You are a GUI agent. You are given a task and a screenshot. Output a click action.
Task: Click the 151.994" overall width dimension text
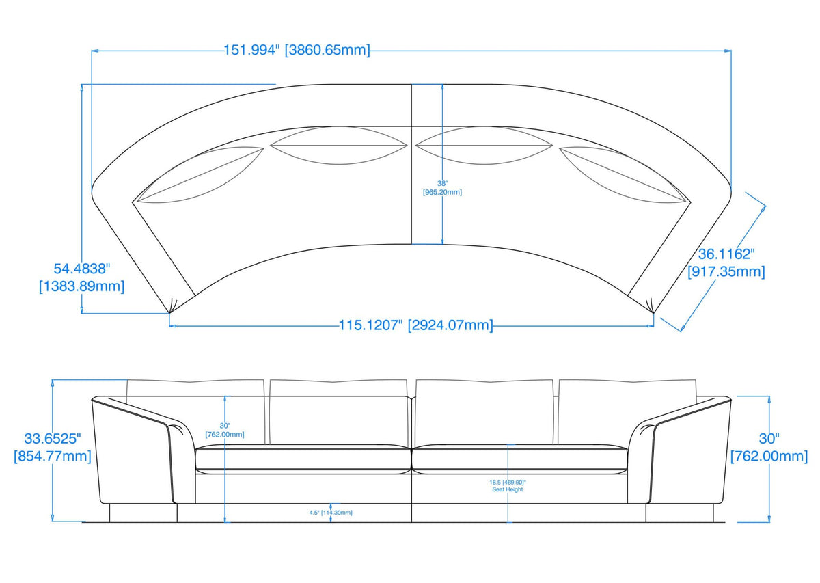pos(297,50)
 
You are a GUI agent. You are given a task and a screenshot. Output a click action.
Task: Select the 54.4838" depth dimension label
pos(81,277)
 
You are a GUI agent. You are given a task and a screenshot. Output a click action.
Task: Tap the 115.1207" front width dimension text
pos(415,325)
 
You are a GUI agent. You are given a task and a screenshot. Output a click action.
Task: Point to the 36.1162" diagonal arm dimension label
pos(726,263)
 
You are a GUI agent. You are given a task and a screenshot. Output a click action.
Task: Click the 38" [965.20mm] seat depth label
pos(442,188)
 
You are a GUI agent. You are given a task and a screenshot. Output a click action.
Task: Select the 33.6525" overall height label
pos(53,447)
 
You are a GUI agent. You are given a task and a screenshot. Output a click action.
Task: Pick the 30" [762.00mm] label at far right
pos(769,447)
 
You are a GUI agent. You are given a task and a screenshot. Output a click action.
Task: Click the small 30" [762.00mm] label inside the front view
pos(225,430)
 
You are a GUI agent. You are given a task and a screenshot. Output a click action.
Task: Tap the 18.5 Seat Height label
pos(507,486)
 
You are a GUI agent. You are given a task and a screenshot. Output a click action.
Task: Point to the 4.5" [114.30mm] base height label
pos(331,512)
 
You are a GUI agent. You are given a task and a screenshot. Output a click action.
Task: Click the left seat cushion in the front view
pos(303,459)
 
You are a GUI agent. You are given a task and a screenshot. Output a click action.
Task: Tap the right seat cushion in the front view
pos(519,459)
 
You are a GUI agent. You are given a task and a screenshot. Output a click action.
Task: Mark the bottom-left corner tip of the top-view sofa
pos(169,312)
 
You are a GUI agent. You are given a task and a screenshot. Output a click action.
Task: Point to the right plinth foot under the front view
pos(680,513)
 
